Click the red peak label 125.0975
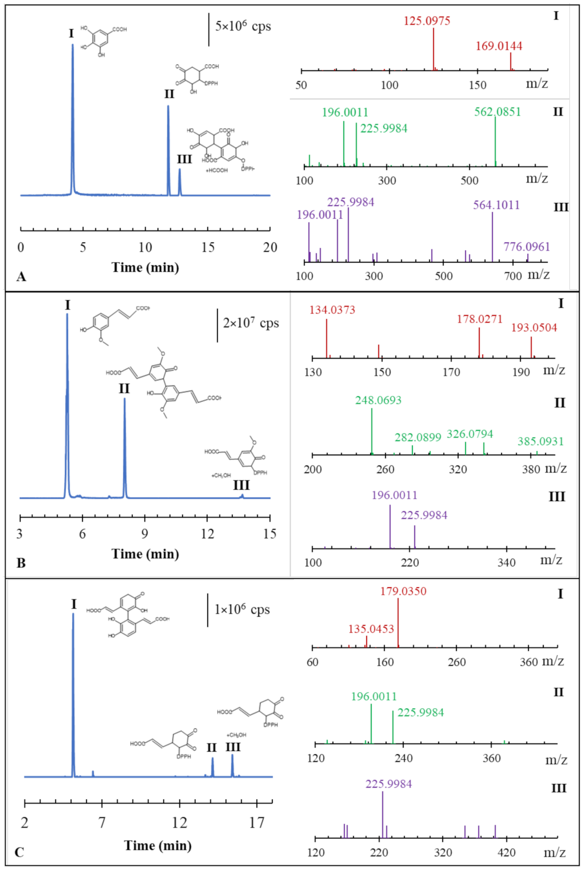click(426, 21)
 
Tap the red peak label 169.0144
click(499, 46)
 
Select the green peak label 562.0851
click(497, 112)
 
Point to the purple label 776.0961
click(526, 247)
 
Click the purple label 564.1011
click(496, 205)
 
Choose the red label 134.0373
click(332, 310)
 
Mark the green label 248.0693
click(378, 400)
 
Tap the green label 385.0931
click(541, 441)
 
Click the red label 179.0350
click(403, 591)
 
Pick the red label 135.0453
click(371, 629)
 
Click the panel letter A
click(21, 277)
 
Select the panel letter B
click(21, 563)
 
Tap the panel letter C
click(19, 853)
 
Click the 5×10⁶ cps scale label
click(243, 26)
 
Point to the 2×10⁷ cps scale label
click(251, 323)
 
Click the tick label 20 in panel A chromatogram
click(270, 247)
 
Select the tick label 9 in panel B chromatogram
click(144, 534)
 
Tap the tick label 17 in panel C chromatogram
click(257, 822)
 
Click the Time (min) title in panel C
click(158, 845)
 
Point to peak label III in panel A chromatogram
click(184, 159)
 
